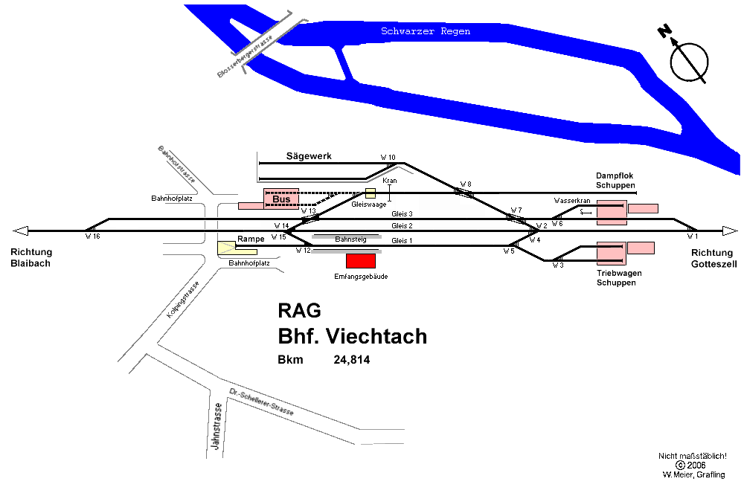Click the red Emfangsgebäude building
[x=361, y=260]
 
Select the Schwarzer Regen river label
[x=425, y=32]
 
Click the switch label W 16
[x=92, y=236]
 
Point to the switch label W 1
[x=692, y=236]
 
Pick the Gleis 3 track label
[x=402, y=214]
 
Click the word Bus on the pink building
[x=281, y=199]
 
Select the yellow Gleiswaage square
[x=371, y=193]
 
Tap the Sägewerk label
[x=309, y=156]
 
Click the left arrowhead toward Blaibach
[x=21, y=231]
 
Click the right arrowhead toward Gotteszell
[x=729, y=231]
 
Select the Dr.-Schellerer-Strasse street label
[x=261, y=402]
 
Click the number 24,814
[x=352, y=360]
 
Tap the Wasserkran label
[x=571, y=201]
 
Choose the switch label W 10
[x=388, y=158]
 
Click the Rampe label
[x=251, y=239]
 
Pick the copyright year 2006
[x=696, y=465]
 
